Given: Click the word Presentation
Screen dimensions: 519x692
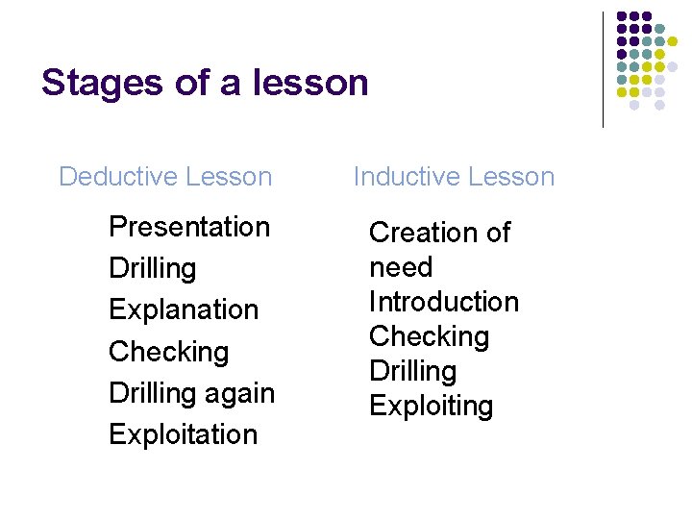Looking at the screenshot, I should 189,227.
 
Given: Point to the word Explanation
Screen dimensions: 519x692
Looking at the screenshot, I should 184,309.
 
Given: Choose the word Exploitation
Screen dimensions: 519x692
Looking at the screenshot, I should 183,434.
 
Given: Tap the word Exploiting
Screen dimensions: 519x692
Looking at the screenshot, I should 431,406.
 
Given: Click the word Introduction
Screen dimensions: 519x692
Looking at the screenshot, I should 443,302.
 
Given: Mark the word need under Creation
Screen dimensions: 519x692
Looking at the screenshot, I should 401,267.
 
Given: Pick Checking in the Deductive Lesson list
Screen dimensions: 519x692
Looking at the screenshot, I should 168,352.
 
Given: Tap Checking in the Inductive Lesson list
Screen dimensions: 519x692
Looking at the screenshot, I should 429,336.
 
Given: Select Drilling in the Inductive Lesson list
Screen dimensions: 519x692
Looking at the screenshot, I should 412,371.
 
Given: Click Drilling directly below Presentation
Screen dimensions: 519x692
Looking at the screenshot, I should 152,268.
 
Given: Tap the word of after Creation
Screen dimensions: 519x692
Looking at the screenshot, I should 496,233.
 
